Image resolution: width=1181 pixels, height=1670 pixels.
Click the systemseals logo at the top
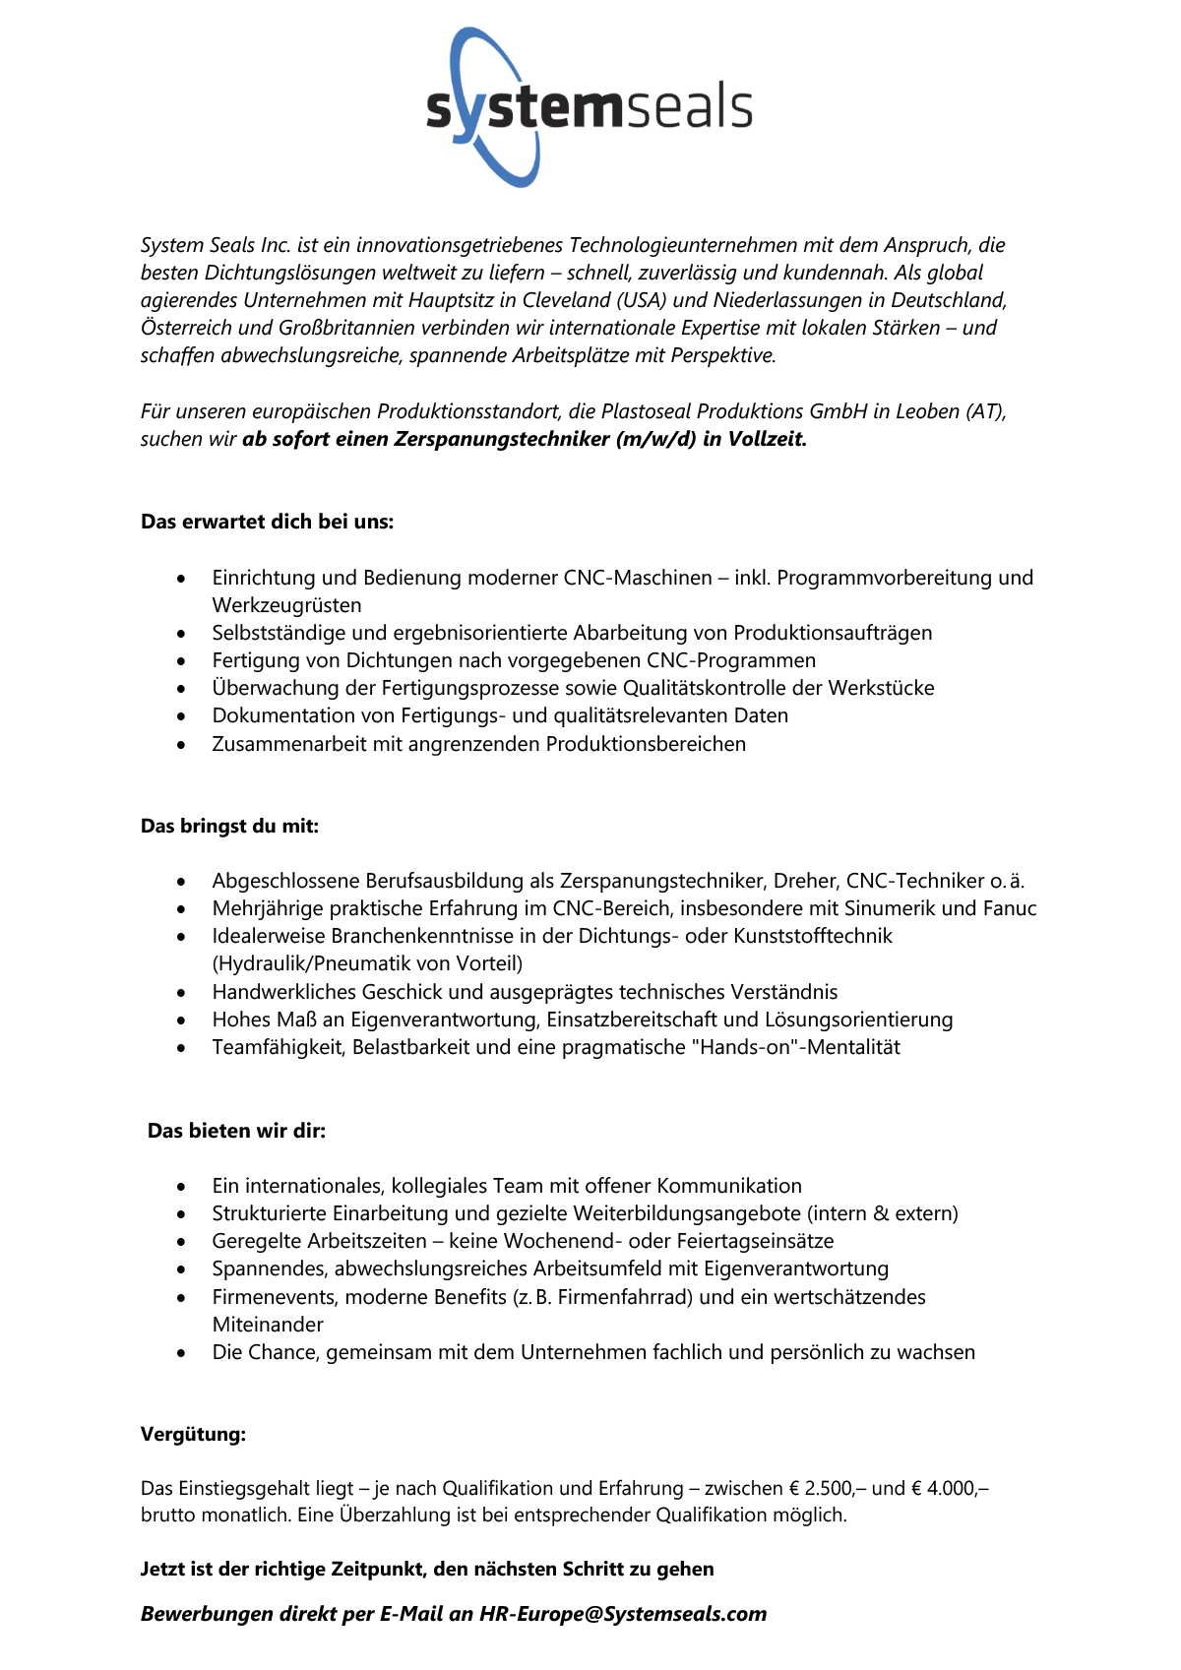(589, 106)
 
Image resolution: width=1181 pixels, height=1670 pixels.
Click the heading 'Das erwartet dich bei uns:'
(267, 522)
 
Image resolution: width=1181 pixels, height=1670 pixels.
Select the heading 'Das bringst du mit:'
(229, 826)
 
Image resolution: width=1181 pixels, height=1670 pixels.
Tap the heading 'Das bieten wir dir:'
(236, 1131)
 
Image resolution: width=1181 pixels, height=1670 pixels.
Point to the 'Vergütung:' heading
(193, 1434)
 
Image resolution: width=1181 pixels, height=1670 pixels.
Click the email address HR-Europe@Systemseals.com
(623, 1614)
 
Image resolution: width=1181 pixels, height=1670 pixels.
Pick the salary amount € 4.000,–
(954, 1488)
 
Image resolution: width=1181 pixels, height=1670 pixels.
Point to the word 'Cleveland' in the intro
(566, 300)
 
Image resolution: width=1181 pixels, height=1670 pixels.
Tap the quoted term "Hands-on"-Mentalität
(799, 1047)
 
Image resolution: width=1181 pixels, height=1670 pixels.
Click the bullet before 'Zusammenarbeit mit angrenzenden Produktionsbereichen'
(181, 745)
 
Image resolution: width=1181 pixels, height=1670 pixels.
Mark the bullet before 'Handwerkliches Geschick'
(181, 993)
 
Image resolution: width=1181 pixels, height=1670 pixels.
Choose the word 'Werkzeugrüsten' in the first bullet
(286, 605)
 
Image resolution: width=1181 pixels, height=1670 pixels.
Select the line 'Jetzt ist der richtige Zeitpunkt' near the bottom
(427, 1569)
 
